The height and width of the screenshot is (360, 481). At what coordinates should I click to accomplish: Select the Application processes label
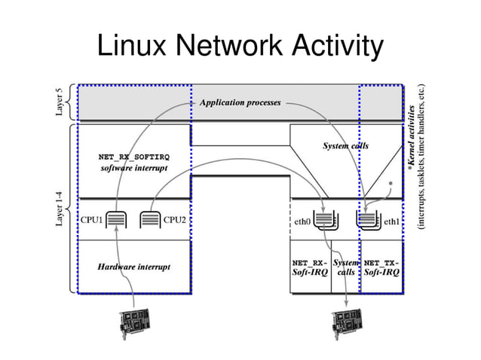coord(240,102)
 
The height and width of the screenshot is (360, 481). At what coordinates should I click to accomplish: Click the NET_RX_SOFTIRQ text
coord(134,157)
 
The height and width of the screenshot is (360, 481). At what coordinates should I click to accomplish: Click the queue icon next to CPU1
coord(118,221)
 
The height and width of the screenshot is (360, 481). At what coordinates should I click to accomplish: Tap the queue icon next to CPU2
coord(151,221)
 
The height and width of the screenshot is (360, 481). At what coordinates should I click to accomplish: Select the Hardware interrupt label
coord(133,267)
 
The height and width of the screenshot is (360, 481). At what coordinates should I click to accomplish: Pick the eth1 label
coord(391,222)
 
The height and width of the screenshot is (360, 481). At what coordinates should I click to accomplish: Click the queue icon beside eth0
coord(325,221)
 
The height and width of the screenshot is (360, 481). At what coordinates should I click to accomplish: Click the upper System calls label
coord(345,145)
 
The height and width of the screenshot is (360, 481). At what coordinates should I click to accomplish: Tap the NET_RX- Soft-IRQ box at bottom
coord(310,267)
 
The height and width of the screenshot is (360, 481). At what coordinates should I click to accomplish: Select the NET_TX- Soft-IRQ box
coord(381,267)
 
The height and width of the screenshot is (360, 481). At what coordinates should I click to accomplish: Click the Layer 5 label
coord(59,102)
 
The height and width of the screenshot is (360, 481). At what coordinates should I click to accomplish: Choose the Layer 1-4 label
coord(59,209)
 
